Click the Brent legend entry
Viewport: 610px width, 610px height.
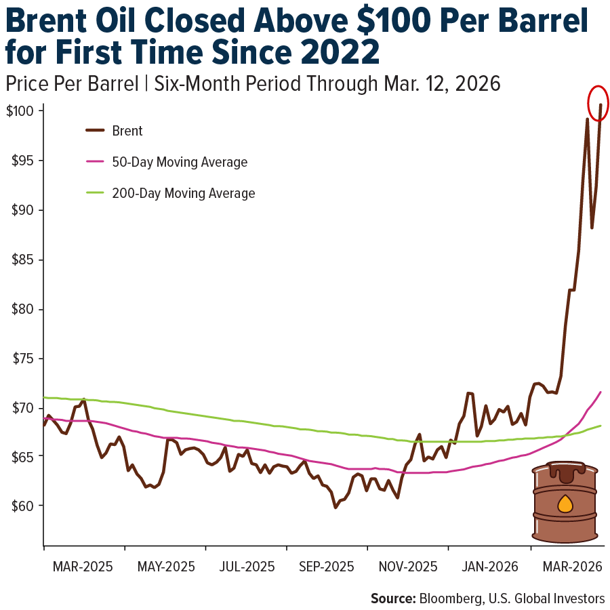(x=127, y=131)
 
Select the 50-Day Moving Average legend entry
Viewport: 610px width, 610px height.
(x=179, y=163)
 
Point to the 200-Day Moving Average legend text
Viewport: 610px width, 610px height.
(x=183, y=194)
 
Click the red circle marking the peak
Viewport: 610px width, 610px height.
(x=598, y=103)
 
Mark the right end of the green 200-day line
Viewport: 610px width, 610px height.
(x=601, y=426)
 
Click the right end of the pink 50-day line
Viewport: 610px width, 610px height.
(x=601, y=392)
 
